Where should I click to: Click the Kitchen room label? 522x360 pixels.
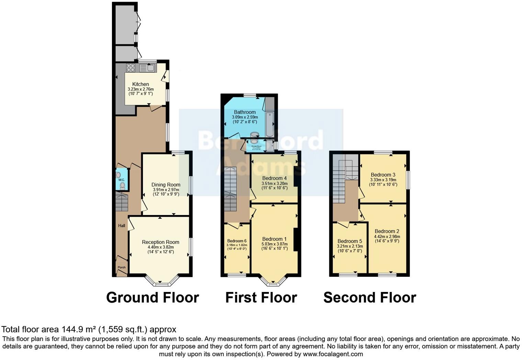click(x=140, y=84)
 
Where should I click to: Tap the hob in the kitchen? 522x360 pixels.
click(x=130, y=68)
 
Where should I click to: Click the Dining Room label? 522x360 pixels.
click(x=166, y=185)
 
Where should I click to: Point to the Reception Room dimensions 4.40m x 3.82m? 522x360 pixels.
click(x=160, y=247)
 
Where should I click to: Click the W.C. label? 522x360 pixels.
click(x=122, y=180)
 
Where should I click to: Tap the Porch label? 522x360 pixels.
click(x=122, y=267)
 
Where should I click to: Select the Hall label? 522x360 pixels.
click(x=122, y=226)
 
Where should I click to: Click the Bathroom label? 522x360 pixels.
click(x=245, y=112)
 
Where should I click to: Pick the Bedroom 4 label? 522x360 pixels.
click(x=274, y=178)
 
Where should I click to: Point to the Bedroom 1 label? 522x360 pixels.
click(x=274, y=239)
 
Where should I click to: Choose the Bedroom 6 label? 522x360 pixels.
click(x=237, y=241)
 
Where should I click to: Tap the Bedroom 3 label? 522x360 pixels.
click(x=383, y=175)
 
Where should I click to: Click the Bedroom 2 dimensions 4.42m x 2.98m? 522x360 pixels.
click(x=387, y=237)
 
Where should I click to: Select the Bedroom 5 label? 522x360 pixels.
click(x=350, y=241)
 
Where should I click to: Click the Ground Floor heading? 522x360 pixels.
click(x=152, y=297)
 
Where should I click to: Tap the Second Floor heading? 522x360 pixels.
click(x=370, y=297)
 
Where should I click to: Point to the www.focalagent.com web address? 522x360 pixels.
click(x=333, y=354)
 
